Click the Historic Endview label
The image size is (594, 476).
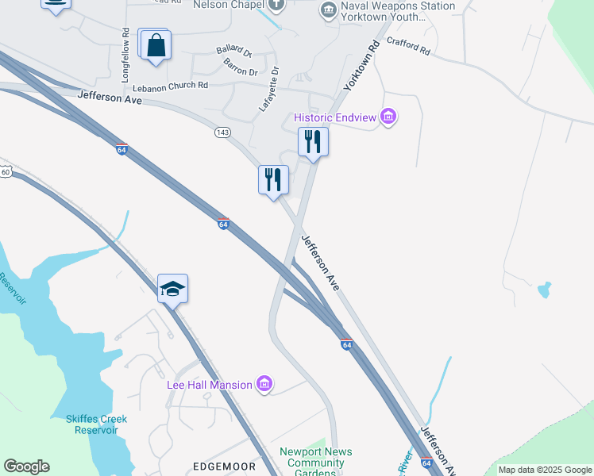[336, 117]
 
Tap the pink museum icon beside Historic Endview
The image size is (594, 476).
[388, 118]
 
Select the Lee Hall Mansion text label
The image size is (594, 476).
[210, 386]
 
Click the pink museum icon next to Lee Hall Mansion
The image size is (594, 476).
[265, 385]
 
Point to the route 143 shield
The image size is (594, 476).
[222, 132]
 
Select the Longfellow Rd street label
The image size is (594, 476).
[125, 55]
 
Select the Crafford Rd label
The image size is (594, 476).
[408, 47]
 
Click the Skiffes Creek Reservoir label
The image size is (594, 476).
[90, 424]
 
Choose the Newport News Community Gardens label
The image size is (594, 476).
[310, 463]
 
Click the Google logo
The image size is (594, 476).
[26, 466]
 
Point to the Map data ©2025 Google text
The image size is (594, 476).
[545, 470]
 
